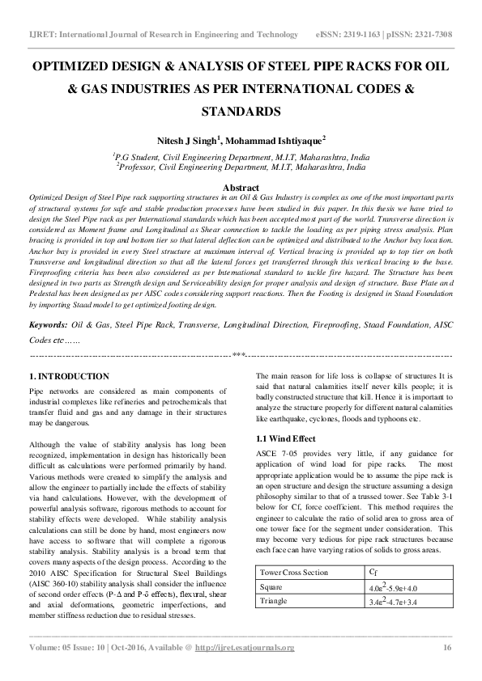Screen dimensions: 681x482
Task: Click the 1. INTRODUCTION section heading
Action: (x=69, y=377)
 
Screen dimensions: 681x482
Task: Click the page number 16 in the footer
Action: (x=446, y=648)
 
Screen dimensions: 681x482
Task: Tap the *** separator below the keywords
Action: (x=239, y=355)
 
